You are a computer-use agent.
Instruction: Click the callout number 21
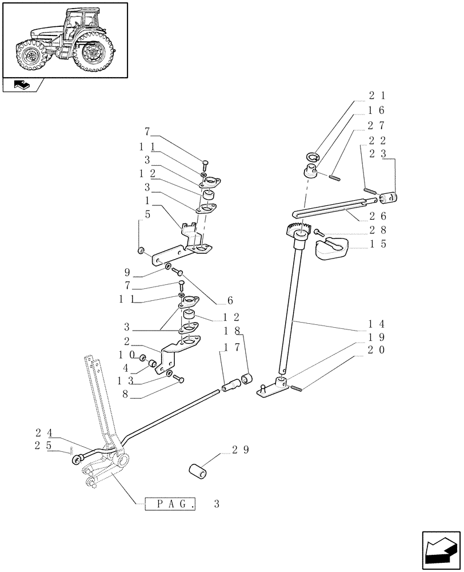pos(377,96)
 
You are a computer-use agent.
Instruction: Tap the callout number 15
pos(377,244)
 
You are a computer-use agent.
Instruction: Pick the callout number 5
pos(147,215)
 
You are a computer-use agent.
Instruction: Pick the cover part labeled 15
pos(332,248)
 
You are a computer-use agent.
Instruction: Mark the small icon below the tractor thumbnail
pos(21,85)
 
